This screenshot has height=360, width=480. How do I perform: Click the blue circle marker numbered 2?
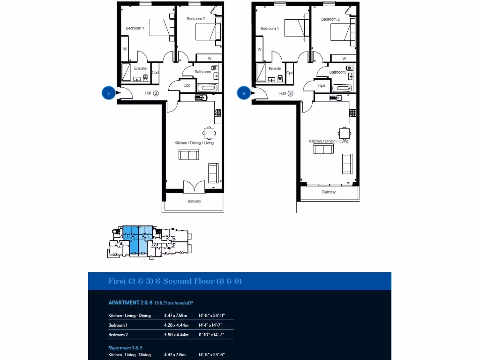tap(109, 93)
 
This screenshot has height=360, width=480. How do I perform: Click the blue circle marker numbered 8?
tap(244, 93)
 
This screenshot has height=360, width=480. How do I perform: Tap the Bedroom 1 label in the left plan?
tap(135, 29)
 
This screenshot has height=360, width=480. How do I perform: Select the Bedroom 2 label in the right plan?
tap(330, 19)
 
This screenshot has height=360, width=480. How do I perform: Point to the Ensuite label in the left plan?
tap(140, 68)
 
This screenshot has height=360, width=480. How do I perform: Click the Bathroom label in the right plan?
tap(337, 72)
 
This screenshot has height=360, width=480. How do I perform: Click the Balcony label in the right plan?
tap(329, 192)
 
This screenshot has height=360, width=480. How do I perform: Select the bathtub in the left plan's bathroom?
tap(207, 88)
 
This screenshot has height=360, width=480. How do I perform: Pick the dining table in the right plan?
tap(344, 133)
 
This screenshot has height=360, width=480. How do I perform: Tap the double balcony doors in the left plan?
tap(194, 187)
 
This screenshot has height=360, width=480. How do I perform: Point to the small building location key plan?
tap(150, 241)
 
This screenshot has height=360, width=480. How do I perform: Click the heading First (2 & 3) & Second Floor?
tap(175, 281)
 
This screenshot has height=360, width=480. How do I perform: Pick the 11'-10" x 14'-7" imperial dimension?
tap(211, 335)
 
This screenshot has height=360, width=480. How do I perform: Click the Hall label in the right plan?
tap(283, 93)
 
